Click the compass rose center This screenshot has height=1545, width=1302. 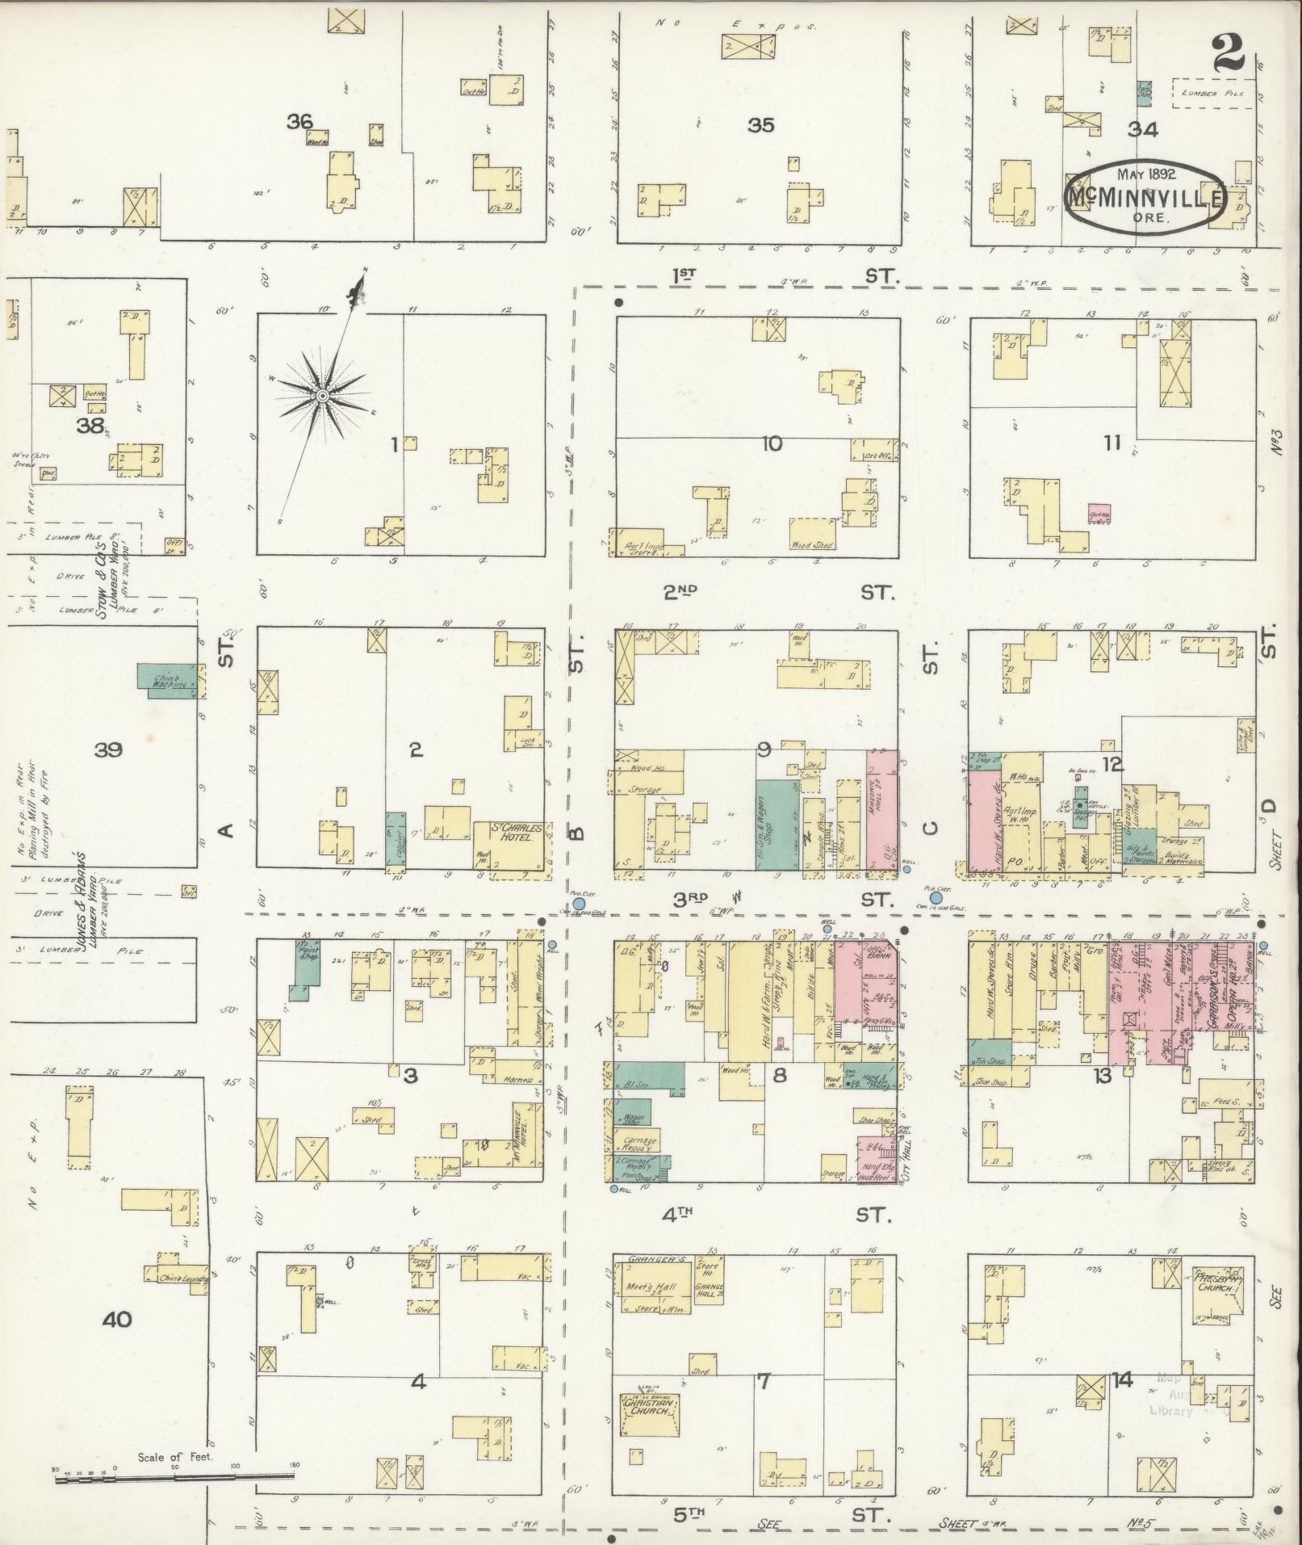click(x=321, y=396)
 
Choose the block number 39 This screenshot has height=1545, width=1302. click(x=108, y=750)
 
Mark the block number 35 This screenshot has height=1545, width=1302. click(x=760, y=125)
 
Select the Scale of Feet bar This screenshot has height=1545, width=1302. click(x=174, y=1477)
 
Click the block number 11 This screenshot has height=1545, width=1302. click(x=1113, y=443)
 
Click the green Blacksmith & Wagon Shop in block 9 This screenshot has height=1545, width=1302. click(x=777, y=824)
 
